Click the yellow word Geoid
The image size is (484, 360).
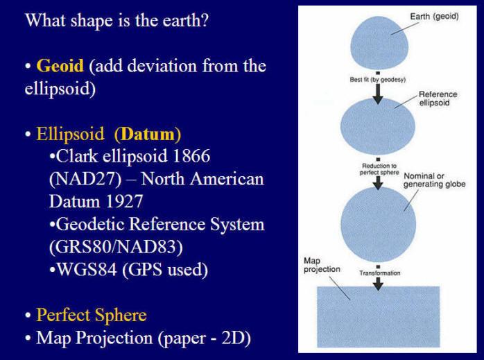(x=60, y=66)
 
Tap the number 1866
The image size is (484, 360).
(x=191, y=156)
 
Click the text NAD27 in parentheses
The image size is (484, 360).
(x=85, y=179)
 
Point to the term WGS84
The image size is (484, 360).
(x=87, y=269)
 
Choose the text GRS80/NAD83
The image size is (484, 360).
(x=116, y=247)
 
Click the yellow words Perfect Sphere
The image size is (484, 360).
(x=92, y=315)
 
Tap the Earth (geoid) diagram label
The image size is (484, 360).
(x=434, y=17)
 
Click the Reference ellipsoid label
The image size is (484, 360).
(x=438, y=98)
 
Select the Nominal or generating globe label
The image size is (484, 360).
(x=434, y=180)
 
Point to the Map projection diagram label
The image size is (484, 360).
(x=322, y=265)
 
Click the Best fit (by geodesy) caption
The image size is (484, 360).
(x=378, y=80)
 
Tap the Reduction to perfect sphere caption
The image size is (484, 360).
(x=379, y=169)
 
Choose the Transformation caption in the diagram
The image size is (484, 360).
(x=380, y=273)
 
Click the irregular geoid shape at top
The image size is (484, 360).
(x=379, y=42)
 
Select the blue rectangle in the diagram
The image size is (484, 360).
(x=379, y=317)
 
